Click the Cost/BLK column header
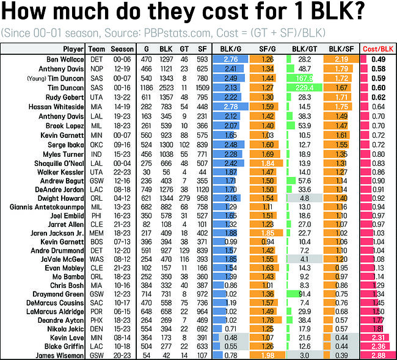377,49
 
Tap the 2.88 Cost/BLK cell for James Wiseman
377,355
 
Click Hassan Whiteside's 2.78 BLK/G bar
230,106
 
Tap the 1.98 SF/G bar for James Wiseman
267,355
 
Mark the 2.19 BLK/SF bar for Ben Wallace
341,59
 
